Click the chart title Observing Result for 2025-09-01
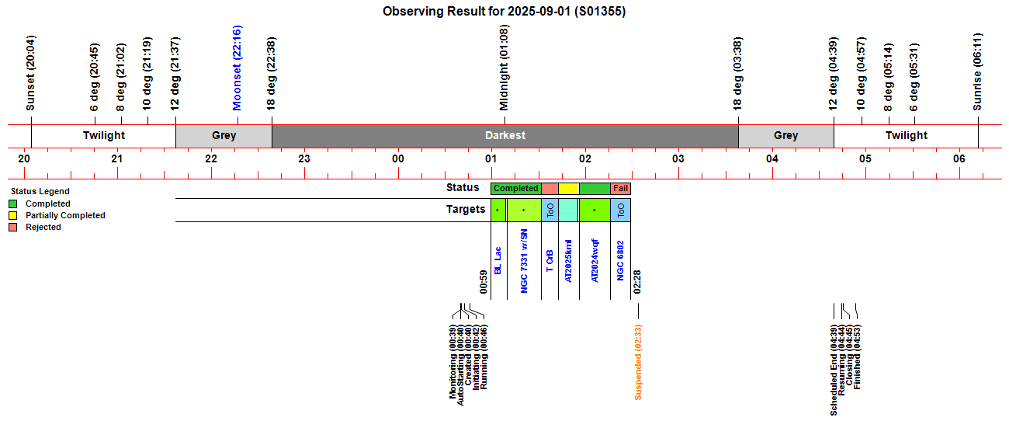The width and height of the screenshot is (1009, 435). (504, 12)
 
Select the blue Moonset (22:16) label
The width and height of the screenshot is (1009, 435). (238, 68)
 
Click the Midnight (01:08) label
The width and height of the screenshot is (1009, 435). (504, 68)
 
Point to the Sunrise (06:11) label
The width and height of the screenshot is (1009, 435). (978, 71)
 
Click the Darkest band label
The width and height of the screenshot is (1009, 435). (505, 135)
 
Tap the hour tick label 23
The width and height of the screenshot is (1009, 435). (304, 159)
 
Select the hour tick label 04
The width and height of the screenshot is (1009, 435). (772, 159)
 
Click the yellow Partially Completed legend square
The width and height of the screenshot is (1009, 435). (13, 215)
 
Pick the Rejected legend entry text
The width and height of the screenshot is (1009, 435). (43, 227)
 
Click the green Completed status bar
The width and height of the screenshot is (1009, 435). (516, 188)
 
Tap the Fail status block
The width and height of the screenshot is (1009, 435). (620, 188)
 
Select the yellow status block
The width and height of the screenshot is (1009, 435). (569, 188)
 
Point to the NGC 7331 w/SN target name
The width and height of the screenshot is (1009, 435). (524, 260)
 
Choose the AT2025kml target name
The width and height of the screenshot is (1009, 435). (569, 260)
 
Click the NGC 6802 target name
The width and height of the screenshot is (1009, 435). (620, 260)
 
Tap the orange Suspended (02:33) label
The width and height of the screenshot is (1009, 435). (638, 361)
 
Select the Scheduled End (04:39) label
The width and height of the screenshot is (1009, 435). (834, 370)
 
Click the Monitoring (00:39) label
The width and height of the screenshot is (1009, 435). (453, 364)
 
